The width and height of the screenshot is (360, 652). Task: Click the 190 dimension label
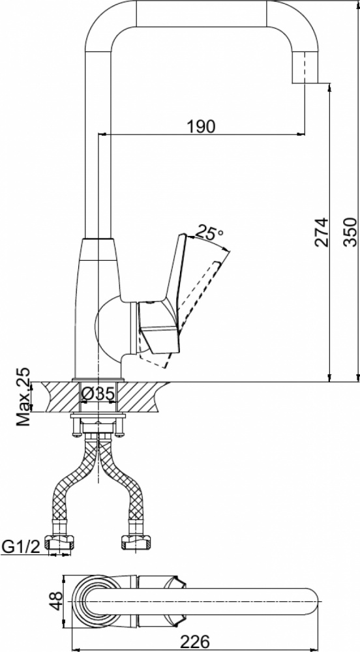coord(202,126)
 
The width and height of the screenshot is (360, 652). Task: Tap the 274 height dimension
coord(322,232)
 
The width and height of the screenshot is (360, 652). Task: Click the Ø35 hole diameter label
coord(98,394)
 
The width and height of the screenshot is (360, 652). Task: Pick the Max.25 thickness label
coord(23,396)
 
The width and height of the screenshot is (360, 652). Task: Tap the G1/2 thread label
coord(21,547)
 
